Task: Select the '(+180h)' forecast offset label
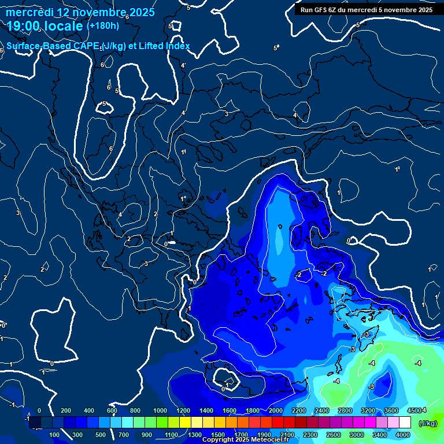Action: pos(102,25)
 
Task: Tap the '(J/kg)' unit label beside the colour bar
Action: pos(428,424)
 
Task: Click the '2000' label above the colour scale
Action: pos(276,410)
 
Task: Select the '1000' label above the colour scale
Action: pos(160,410)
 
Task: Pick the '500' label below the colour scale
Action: pos(101,435)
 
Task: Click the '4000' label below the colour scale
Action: pos(404,435)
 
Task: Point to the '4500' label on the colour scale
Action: pos(415,410)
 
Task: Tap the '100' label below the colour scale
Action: pos(55,435)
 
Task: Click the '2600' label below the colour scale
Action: pos(334,435)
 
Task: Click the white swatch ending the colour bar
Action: pos(405,423)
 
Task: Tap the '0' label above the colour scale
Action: pos(39,410)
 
